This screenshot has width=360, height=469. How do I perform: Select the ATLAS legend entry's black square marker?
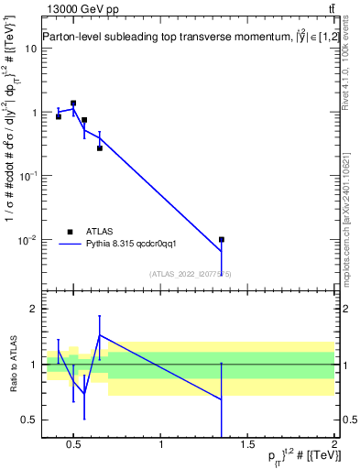coord(70,232)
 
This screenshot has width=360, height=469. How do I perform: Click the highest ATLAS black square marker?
coord(73,104)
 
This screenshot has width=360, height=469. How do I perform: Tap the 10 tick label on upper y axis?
coord(30,48)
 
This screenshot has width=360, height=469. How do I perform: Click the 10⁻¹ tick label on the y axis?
coord(27,175)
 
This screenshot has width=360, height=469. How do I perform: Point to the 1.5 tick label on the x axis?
coord(248,446)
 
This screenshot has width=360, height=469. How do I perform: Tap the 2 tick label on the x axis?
coord(334,446)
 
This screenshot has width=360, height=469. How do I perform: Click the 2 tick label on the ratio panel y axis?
coord(33,309)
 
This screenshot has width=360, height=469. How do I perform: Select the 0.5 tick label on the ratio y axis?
coord(29,420)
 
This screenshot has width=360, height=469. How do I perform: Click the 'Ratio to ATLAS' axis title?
coord(12,365)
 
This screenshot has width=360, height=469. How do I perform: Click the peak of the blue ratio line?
coord(99,335)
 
